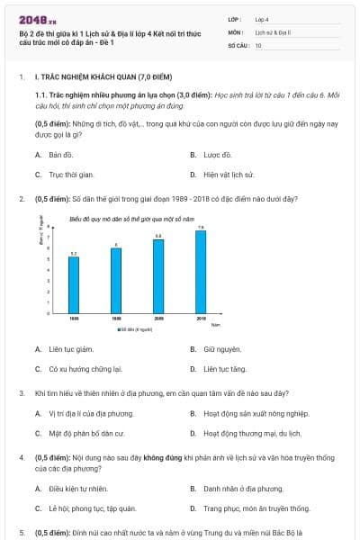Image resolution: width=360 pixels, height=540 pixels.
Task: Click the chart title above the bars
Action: point(131,219)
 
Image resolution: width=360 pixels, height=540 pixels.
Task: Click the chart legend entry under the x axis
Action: point(133,329)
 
